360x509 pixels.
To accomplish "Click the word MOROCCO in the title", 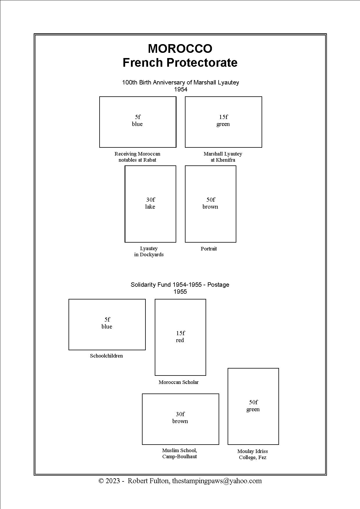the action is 180,48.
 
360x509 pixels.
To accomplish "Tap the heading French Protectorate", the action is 180,62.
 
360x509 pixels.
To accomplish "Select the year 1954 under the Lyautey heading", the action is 181,89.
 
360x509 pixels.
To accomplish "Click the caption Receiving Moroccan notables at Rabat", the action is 137,157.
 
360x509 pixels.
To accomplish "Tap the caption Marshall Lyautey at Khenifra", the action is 223,157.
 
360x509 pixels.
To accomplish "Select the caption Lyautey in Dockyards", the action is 149,251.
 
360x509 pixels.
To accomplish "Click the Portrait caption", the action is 209,249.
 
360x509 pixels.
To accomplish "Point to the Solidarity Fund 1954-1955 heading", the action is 180,285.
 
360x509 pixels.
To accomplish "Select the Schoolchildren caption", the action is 106,356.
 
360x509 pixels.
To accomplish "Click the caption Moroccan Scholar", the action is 179,382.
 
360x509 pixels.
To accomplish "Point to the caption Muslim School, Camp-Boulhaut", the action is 180,453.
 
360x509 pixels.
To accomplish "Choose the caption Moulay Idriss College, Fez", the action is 253,454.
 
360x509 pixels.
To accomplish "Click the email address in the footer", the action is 217,481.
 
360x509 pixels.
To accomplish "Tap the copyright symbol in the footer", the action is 101,481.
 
